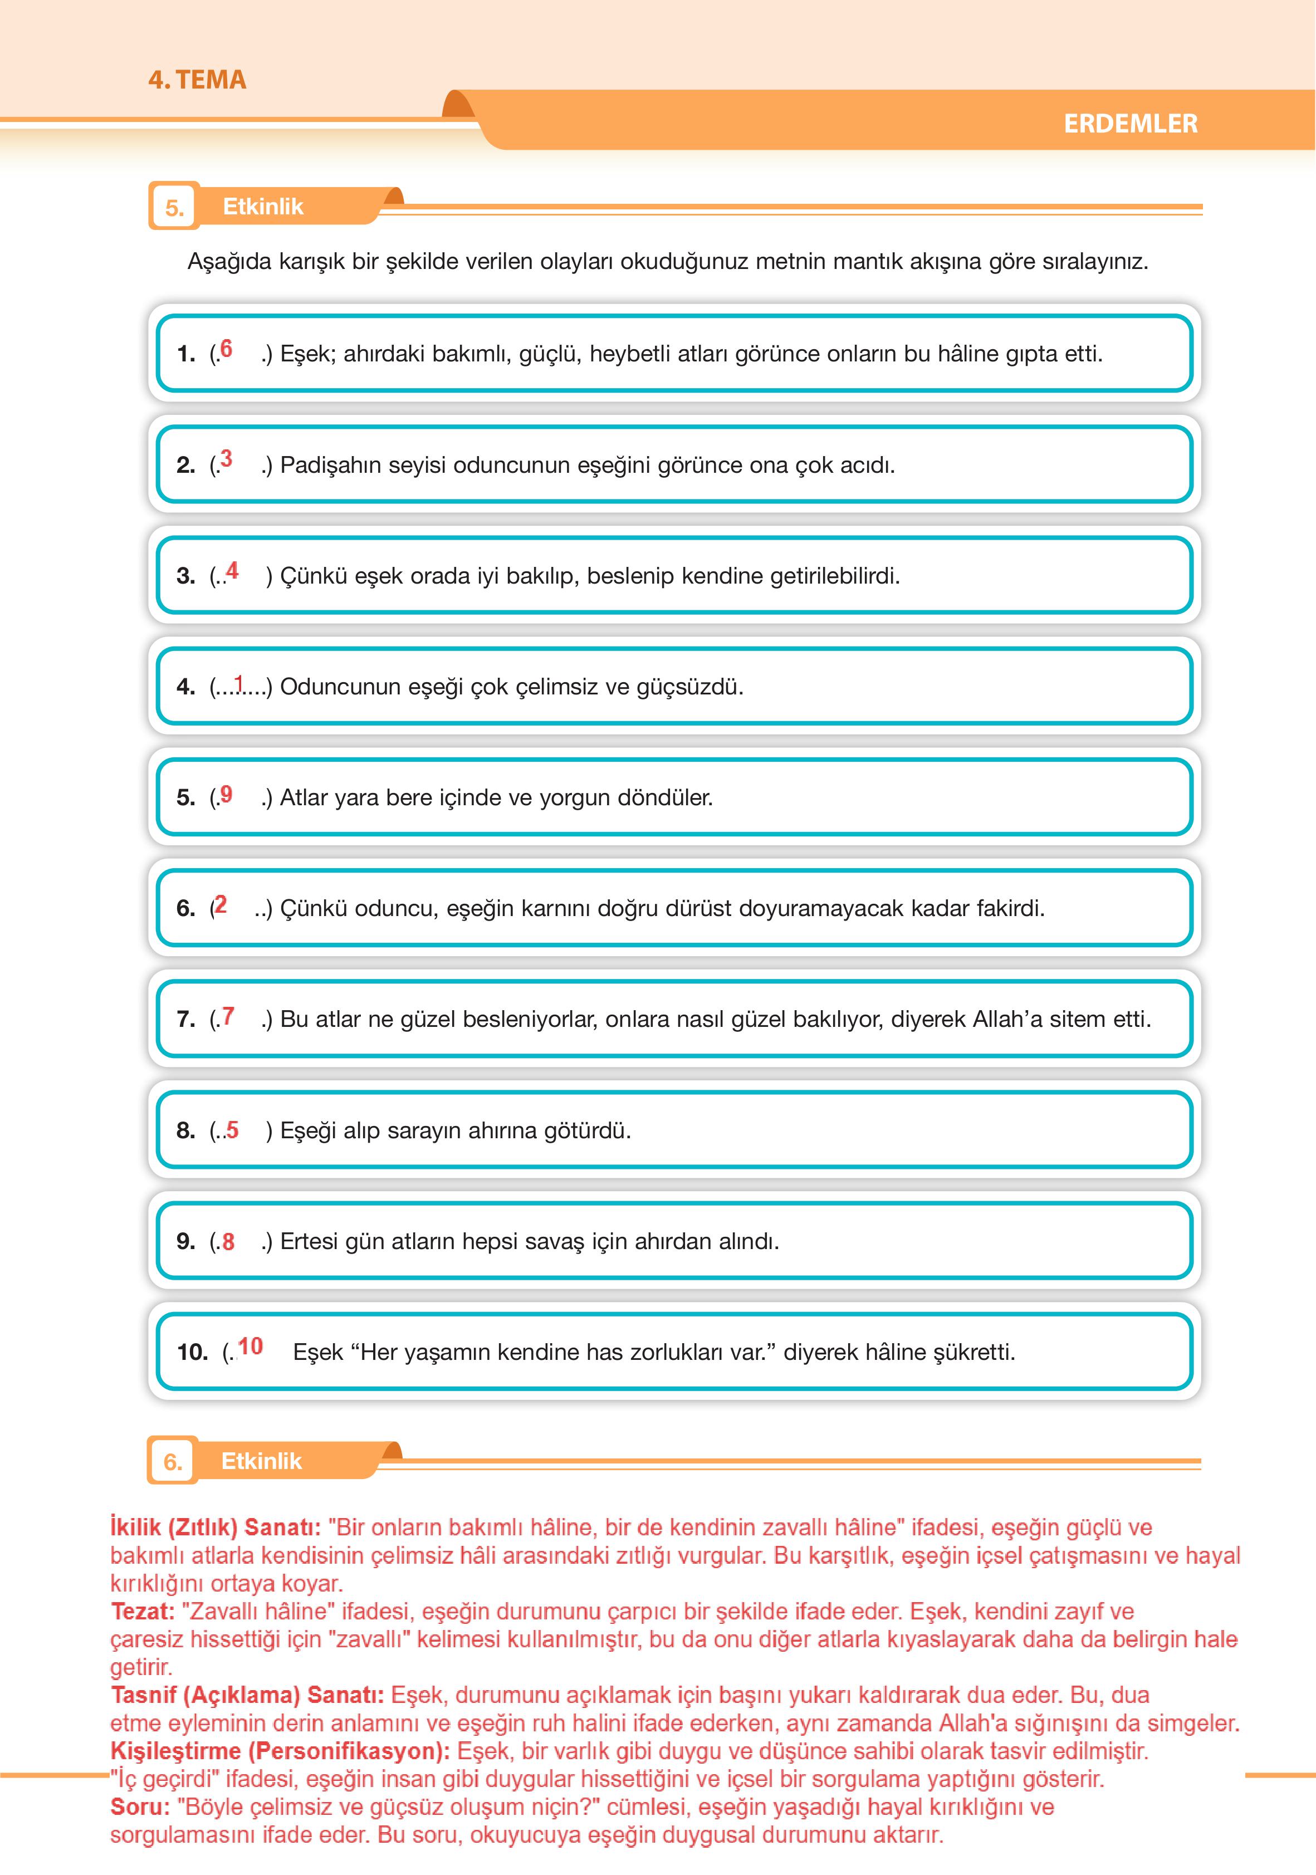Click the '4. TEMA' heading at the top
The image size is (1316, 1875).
point(197,80)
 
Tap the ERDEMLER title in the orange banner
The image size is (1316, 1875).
point(1130,124)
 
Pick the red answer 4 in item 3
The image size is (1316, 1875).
point(233,571)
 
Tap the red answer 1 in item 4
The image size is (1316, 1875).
point(238,682)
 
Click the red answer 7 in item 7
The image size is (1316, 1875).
point(228,1016)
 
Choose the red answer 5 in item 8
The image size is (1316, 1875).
point(233,1130)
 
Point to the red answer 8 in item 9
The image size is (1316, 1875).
point(228,1241)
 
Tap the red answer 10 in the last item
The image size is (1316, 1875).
point(251,1346)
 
